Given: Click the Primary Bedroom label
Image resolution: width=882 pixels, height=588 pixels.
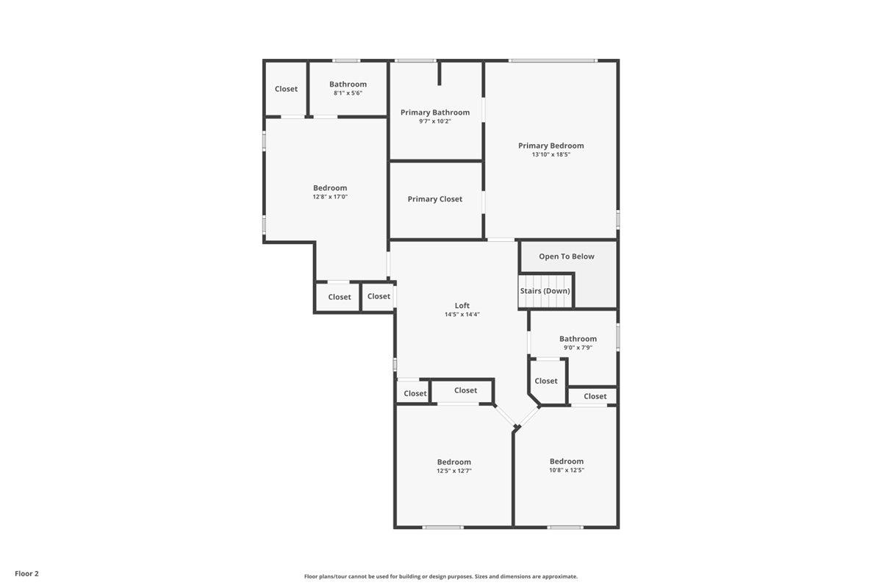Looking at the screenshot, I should tap(551, 146).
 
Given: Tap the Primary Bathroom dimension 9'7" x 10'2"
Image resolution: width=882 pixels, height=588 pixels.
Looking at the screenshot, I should tap(435, 121).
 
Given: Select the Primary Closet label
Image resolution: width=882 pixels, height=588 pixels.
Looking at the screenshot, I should tap(435, 199).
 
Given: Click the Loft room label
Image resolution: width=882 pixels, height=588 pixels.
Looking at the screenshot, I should tap(462, 306).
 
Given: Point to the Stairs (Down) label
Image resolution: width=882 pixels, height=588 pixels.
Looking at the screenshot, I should tap(545, 291).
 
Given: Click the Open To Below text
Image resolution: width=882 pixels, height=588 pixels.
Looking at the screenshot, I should tap(566, 257).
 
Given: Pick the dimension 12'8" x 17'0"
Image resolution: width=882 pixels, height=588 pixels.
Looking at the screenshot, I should tap(329, 197).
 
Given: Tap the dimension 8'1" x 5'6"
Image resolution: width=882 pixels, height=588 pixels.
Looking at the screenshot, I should tap(348, 93).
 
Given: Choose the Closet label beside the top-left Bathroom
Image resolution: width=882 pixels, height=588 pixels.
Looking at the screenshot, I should tap(286, 89).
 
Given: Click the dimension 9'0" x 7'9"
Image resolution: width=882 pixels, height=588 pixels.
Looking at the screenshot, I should tap(577, 348).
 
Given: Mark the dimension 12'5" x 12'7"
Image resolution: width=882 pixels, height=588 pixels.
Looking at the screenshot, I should tap(453, 470).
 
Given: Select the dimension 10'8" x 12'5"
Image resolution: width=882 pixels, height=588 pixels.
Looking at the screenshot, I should tap(566, 470).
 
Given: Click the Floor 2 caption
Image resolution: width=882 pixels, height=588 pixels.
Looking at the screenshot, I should tap(26, 573).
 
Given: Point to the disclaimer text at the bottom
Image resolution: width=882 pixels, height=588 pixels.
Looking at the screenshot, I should tap(440, 577).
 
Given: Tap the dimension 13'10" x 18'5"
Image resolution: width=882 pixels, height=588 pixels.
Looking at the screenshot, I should tap(551, 154).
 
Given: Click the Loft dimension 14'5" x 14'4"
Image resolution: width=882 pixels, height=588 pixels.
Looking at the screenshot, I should tap(462, 315).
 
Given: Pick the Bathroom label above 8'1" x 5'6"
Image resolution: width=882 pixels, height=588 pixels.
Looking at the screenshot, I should tap(348, 85).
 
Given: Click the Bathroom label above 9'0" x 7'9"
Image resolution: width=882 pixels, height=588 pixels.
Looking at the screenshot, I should tap(578, 339).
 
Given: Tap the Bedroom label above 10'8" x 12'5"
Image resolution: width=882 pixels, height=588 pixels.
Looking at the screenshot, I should tap(566, 462).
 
